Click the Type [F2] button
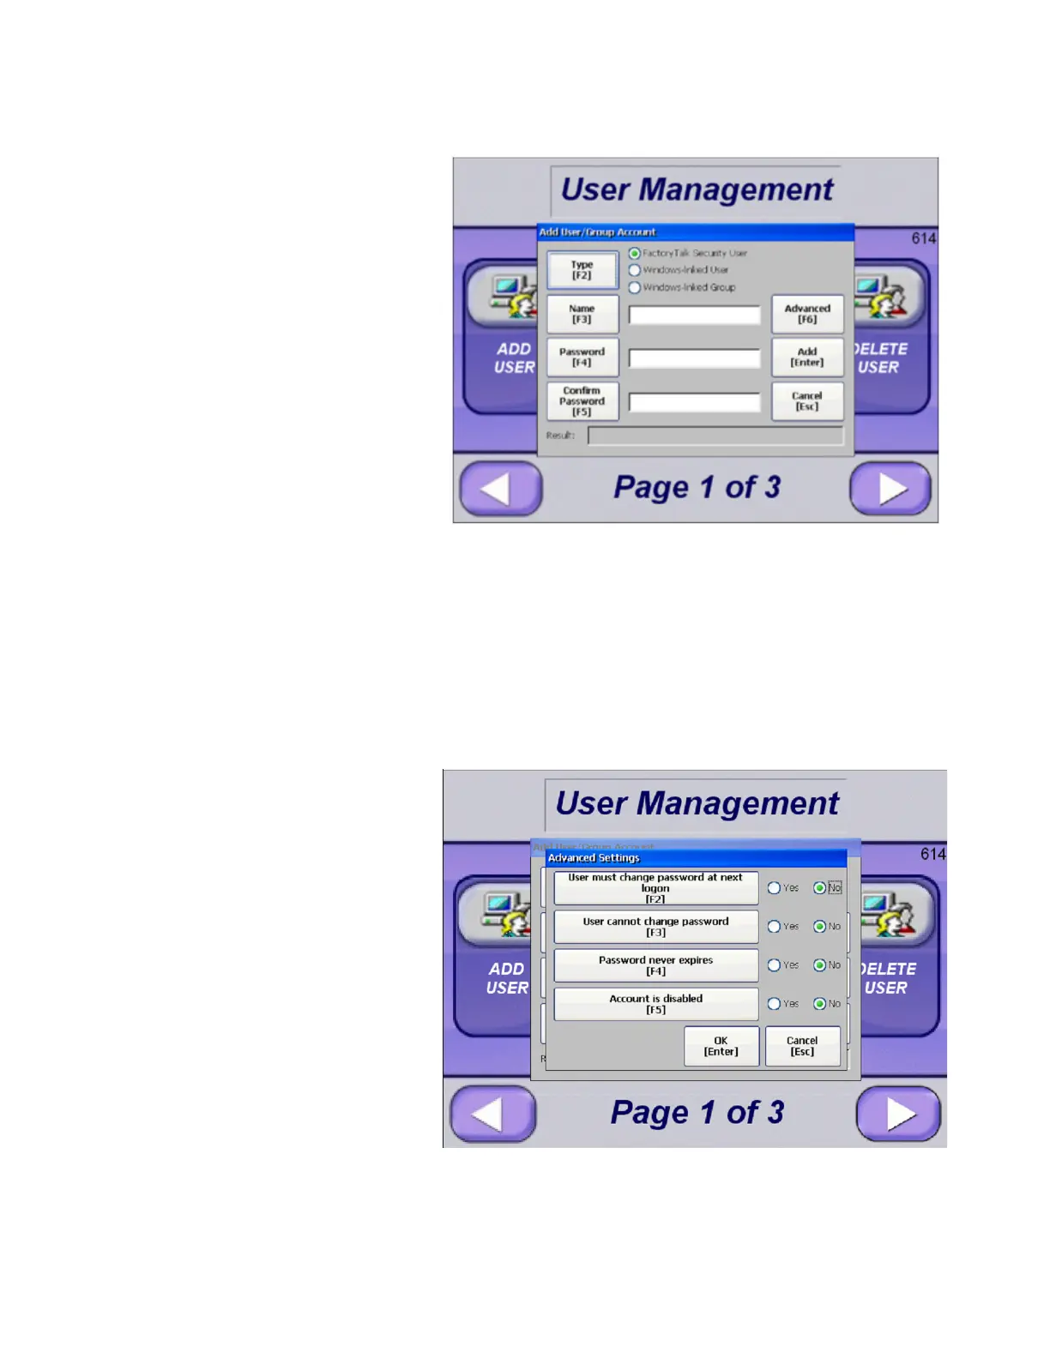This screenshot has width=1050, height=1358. tap(582, 270)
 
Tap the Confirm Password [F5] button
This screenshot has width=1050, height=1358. tap(582, 401)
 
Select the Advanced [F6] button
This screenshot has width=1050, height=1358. tap(807, 314)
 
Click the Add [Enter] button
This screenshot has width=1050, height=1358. tap(807, 358)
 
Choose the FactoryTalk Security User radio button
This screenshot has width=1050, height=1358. tap(635, 254)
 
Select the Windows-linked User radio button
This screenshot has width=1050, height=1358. tap(635, 270)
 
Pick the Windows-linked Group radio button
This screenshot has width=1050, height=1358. tap(635, 287)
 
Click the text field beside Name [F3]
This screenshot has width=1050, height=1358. tap(694, 315)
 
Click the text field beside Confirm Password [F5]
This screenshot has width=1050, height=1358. tap(694, 402)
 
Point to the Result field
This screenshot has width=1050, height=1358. tap(715, 436)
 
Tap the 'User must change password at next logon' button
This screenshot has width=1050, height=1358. tap(655, 888)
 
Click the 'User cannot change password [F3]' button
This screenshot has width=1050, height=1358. tap(655, 927)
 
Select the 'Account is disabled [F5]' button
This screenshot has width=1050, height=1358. tap(655, 1004)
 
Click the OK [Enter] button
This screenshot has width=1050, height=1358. tap(721, 1046)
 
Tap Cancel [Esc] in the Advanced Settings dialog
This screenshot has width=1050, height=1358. tap(802, 1046)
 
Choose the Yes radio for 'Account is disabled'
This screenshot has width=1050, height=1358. tap(774, 1004)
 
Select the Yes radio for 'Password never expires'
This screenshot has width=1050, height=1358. tap(774, 965)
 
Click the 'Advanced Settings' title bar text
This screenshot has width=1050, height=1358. tap(594, 858)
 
